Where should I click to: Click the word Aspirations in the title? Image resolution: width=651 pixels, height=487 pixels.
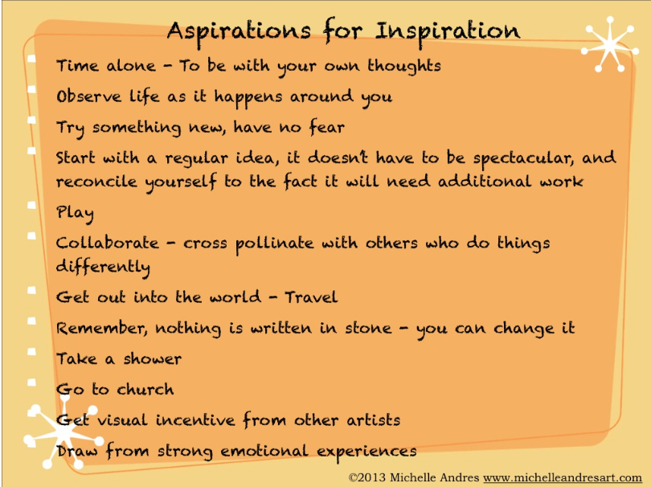[x=239, y=31]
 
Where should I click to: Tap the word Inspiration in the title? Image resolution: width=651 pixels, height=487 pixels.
[x=448, y=31]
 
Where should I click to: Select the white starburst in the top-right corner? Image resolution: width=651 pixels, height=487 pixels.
[x=609, y=44]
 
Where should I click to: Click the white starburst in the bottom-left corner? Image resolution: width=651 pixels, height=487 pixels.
[x=62, y=432]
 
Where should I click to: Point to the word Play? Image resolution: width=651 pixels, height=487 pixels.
[x=75, y=214]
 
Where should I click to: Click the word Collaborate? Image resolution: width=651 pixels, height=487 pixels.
[x=107, y=243]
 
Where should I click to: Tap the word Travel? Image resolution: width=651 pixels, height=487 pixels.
[x=311, y=297]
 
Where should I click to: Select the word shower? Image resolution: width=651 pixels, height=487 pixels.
[x=153, y=358]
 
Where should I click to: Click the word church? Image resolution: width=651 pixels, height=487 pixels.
[x=145, y=390]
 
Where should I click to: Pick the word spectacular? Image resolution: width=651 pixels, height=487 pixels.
[x=523, y=159]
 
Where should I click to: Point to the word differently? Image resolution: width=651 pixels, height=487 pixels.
[x=103, y=268]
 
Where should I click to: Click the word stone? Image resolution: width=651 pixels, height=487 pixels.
[x=368, y=329]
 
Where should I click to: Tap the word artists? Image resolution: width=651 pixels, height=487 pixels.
[x=373, y=420]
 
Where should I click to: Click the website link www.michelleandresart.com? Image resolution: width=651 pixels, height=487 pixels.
[x=563, y=478]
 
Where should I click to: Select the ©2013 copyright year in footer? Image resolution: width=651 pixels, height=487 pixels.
[x=367, y=478]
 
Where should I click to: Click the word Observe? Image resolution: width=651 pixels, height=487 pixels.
[x=89, y=96]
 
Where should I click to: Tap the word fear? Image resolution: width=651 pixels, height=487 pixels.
[x=327, y=127]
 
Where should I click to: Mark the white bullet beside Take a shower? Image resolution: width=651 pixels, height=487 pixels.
[x=31, y=352]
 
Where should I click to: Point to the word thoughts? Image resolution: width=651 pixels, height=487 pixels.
[x=404, y=66]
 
